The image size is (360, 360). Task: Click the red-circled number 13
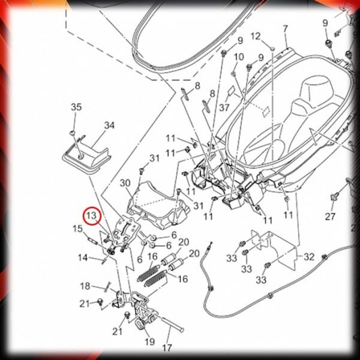point(92,216)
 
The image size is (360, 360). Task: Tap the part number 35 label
point(76,107)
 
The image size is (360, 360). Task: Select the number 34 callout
point(109,125)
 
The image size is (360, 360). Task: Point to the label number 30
point(125,183)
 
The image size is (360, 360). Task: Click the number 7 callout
point(285,29)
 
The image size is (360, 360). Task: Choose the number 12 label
point(256,36)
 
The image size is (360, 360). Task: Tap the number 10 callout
point(239,57)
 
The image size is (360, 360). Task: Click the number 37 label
point(224,107)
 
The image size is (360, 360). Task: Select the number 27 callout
point(330,216)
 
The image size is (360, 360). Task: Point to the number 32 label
point(308,257)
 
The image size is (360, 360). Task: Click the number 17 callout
point(167,348)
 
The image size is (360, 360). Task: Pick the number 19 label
point(149,342)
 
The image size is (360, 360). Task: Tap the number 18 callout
point(85,286)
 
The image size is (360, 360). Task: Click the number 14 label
point(83,257)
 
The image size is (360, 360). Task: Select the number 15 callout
point(77,229)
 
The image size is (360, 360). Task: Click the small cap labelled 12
point(272,49)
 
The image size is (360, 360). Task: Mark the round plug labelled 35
point(72,133)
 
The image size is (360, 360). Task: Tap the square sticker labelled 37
point(232,91)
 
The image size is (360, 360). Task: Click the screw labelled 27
point(333,197)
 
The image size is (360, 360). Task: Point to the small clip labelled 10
point(233,73)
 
